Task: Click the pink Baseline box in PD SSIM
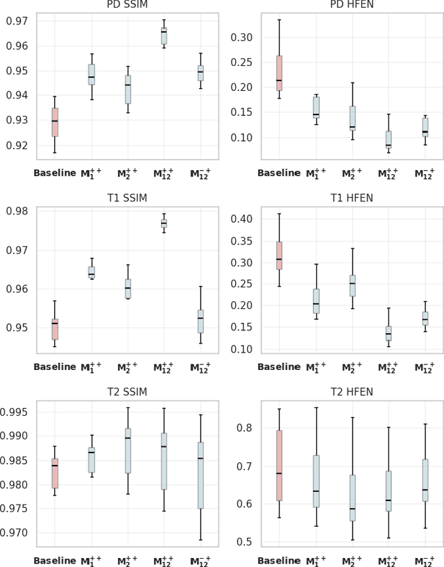[55, 122]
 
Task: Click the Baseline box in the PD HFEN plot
[279, 73]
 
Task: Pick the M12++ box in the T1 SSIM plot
[164, 223]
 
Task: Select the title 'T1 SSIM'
[127, 196]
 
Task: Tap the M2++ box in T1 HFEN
[352, 285]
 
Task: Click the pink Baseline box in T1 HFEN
[279, 255]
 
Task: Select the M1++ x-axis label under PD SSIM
[91, 172]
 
